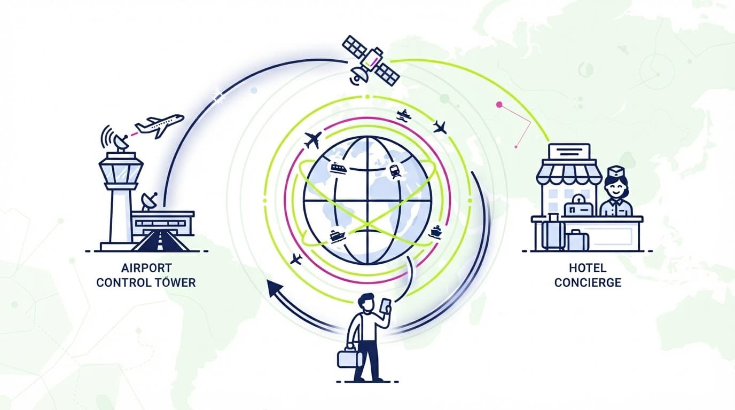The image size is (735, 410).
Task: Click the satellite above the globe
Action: click(x=371, y=61)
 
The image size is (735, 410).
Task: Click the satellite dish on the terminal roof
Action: click(x=149, y=201)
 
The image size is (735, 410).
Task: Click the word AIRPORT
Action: click(x=146, y=268)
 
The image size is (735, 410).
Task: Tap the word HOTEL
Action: click(x=588, y=268)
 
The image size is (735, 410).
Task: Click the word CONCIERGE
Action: click(x=588, y=282)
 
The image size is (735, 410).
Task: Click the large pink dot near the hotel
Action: click(x=499, y=105)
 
